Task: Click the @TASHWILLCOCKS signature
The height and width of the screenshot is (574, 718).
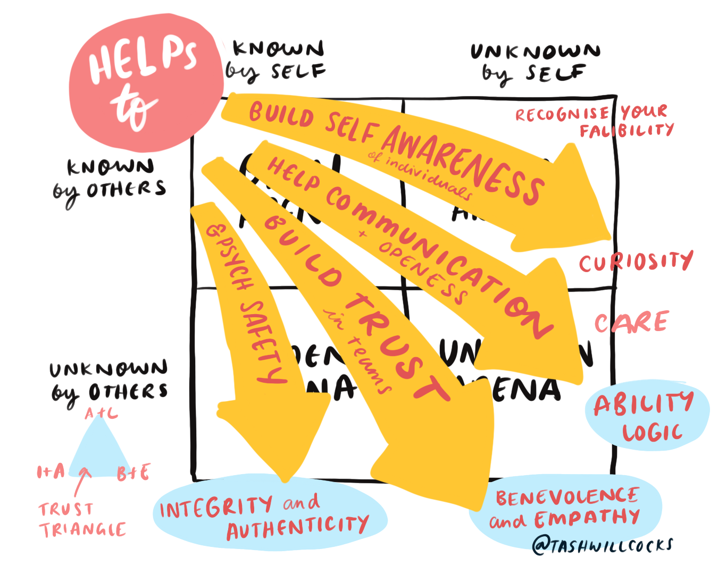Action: [603, 545]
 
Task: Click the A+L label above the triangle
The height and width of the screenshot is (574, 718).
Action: [101, 413]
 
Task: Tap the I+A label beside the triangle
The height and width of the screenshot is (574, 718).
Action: [51, 471]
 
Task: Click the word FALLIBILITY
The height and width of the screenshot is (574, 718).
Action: [627, 130]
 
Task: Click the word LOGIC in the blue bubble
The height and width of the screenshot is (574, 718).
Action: [652, 433]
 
